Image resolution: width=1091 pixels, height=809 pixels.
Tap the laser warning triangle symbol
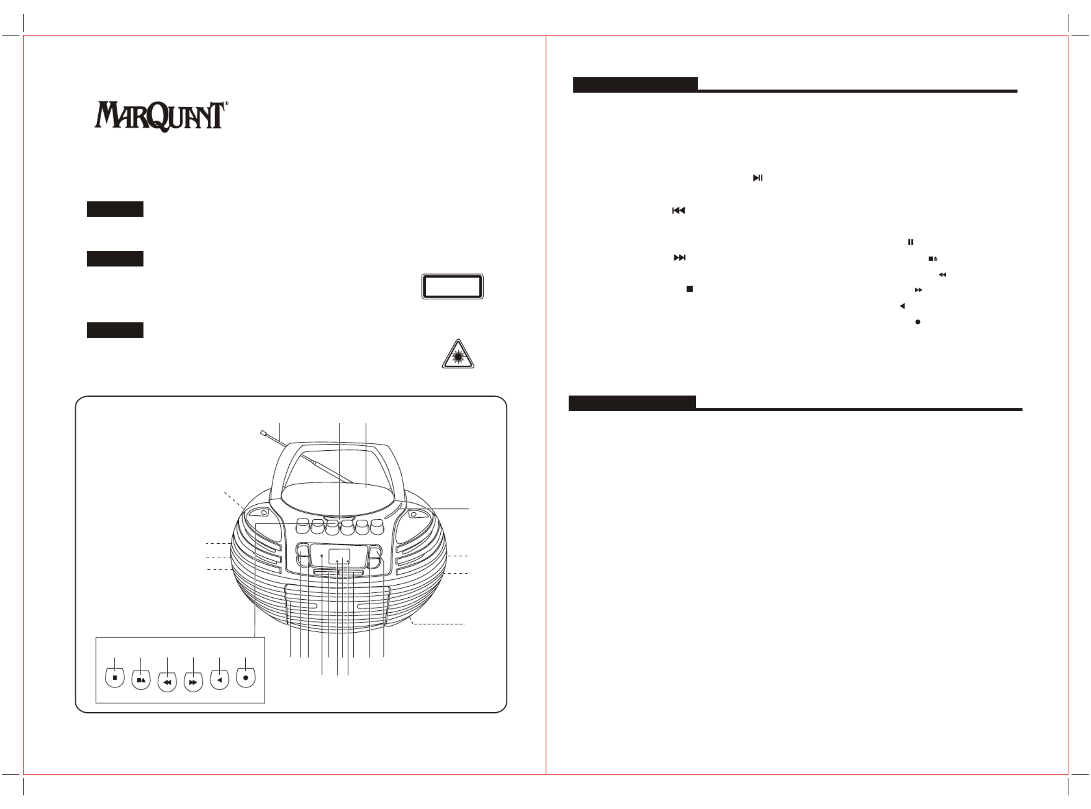(x=458, y=354)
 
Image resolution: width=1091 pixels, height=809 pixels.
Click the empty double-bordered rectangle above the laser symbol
(x=452, y=287)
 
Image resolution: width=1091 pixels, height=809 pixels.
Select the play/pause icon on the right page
(x=757, y=178)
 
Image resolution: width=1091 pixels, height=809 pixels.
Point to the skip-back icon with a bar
(x=679, y=211)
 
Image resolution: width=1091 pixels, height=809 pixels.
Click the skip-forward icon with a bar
(x=680, y=258)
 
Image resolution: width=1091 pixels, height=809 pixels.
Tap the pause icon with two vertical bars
(x=910, y=242)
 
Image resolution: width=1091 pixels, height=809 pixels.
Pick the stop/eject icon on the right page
(x=933, y=259)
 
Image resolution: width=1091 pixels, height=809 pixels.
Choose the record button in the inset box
(x=245, y=678)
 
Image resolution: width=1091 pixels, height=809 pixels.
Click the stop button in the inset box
(x=114, y=678)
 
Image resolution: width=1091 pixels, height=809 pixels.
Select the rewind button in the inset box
(x=167, y=682)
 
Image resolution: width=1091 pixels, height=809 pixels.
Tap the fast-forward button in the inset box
(x=193, y=682)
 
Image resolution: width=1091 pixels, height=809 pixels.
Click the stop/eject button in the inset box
(x=141, y=680)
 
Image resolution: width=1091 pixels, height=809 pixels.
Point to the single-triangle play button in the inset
(x=220, y=680)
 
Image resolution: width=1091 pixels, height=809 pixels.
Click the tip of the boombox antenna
(x=263, y=433)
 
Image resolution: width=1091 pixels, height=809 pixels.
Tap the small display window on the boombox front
(x=339, y=556)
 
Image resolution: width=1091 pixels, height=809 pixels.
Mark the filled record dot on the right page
(x=917, y=322)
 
